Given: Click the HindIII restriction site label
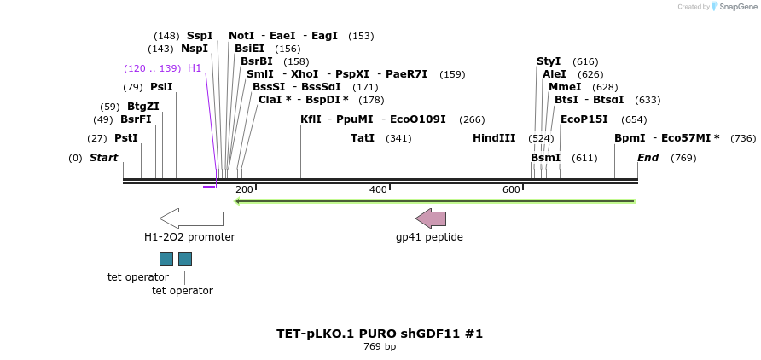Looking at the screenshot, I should pos(494,138).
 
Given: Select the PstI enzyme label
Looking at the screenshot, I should pos(125,138).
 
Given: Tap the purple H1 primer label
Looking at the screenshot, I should pos(195,68).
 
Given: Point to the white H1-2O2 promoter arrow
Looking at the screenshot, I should pos(191,218).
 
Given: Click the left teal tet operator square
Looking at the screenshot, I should pos(166,258).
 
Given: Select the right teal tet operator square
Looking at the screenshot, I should pos(185,258).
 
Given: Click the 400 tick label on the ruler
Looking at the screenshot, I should pos(378,189).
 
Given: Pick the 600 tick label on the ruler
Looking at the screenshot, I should pos(511,189).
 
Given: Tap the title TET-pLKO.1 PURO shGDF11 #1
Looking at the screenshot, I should pos(380,334).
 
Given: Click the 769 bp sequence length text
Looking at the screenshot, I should pos(380,347).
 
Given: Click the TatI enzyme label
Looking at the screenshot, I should pos(363,138).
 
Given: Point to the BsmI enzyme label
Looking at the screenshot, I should pos(545,158).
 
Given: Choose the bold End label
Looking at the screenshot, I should pos(648,158).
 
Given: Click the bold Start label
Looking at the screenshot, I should pos(103,158).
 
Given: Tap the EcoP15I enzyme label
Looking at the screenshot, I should pos(584,119).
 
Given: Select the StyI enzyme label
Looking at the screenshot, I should pos(549,61).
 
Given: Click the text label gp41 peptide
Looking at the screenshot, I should pos(429,237).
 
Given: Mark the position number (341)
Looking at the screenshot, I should pos(398,138).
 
